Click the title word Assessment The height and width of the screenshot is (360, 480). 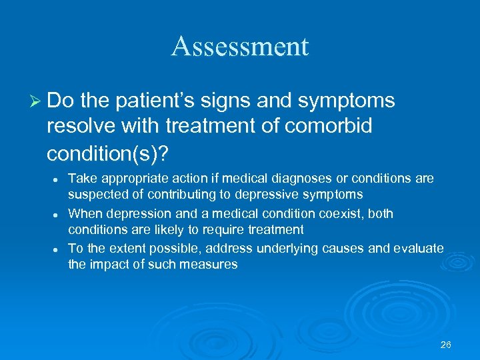click(x=240, y=47)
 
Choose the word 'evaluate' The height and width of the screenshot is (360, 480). click(x=417, y=248)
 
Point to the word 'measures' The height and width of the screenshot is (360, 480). click(x=211, y=264)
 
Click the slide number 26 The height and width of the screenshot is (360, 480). click(x=446, y=345)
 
